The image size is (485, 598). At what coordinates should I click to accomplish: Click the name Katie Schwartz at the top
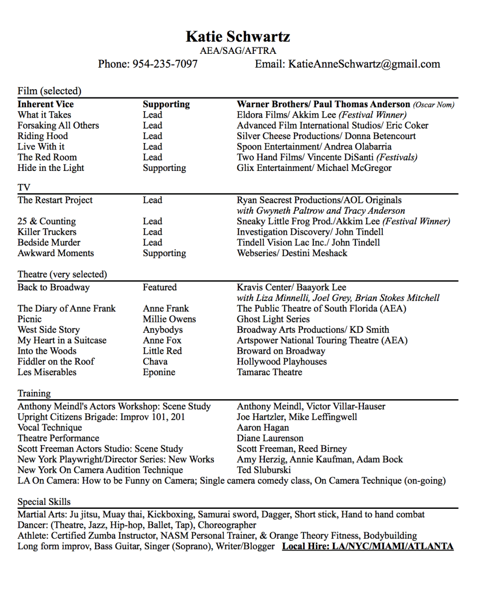point(238,36)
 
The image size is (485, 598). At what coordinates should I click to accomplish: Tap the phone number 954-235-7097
point(165,64)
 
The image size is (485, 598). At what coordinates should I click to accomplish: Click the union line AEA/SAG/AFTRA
point(238,50)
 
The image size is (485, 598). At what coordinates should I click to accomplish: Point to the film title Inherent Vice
point(45,104)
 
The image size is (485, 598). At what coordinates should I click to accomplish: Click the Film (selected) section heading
point(49,91)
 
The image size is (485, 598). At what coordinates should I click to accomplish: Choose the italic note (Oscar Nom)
point(433,105)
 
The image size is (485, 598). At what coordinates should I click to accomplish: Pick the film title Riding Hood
point(42,136)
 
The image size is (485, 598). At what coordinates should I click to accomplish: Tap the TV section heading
point(24,187)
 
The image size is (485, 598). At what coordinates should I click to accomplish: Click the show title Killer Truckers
point(47,232)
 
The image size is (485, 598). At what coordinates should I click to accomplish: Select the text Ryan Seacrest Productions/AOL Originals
point(319,200)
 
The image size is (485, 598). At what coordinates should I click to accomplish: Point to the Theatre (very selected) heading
point(62,274)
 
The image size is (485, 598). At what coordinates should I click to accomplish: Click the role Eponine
point(159,372)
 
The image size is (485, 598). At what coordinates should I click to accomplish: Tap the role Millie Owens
point(169,319)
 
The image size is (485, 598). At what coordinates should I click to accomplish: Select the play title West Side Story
point(48,330)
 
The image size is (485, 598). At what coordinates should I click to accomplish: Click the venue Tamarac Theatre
point(269,372)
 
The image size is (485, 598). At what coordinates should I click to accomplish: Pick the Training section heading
point(34,393)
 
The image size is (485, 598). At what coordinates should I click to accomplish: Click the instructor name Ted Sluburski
point(264,470)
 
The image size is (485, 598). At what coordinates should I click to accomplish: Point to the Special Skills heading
point(44,502)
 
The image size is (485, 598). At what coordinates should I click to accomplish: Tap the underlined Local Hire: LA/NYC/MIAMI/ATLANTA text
point(367,546)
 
